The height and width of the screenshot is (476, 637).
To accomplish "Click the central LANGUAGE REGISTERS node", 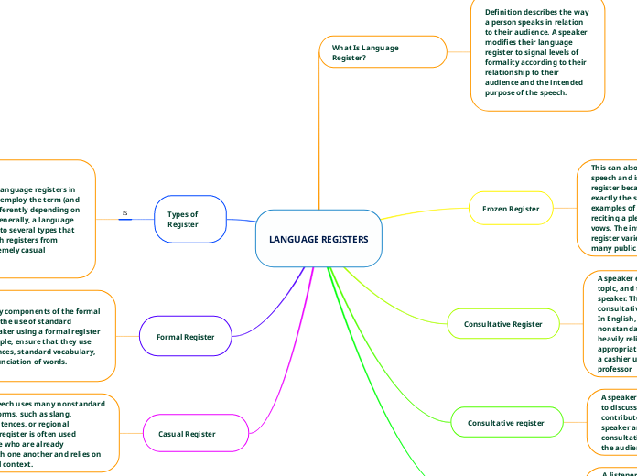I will click(318, 239).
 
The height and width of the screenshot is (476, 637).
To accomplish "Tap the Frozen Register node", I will click(511, 209).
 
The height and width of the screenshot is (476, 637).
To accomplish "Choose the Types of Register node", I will click(190, 220).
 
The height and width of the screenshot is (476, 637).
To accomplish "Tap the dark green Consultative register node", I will click(507, 423).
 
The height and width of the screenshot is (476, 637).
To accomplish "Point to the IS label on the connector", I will click(125, 213).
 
